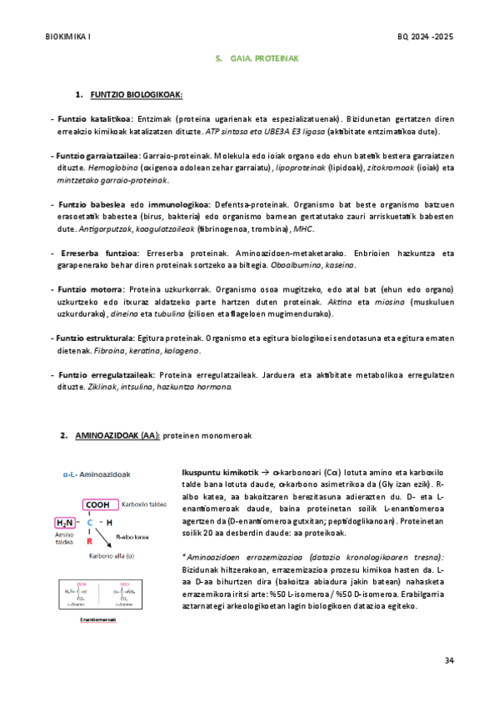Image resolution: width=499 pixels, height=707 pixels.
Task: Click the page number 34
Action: (449, 660)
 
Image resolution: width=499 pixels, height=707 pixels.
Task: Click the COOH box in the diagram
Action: (98, 504)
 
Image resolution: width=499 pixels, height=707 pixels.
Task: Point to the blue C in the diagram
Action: (89, 523)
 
